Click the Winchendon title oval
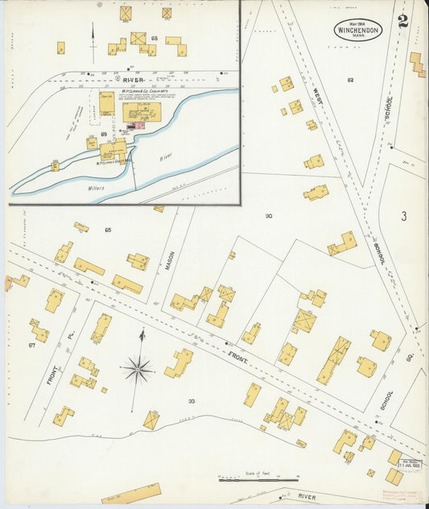(x=358, y=30)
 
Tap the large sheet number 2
(x=402, y=19)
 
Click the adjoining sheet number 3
(x=403, y=216)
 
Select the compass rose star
(x=138, y=370)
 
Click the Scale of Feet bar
(x=247, y=480)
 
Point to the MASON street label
(x=170, y=261)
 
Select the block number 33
(x=192, y=400)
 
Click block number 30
(x=268, y=216)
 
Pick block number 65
(x=107, y=230)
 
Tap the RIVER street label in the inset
(x=133, y=80)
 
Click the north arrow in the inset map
(x=93, y=40)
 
